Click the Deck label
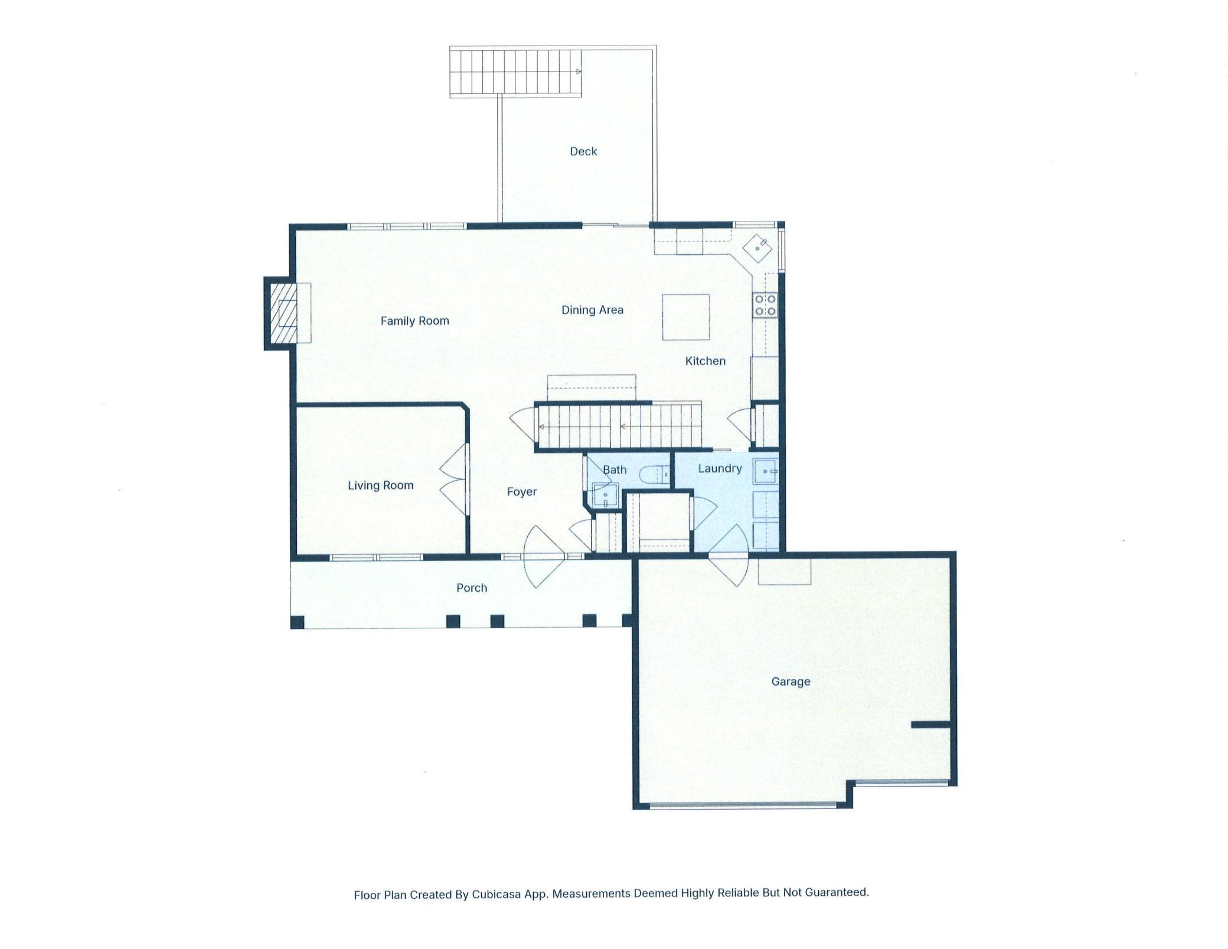583,152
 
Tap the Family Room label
414,321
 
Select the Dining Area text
592,310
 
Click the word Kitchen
705,361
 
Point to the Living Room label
380,485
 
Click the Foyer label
522,492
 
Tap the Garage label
791,681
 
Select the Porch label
471,588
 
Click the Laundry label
720,469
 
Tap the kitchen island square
685,317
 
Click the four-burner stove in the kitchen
765,305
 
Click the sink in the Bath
605,495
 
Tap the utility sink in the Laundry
765,471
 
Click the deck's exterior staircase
515,71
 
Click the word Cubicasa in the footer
496,895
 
